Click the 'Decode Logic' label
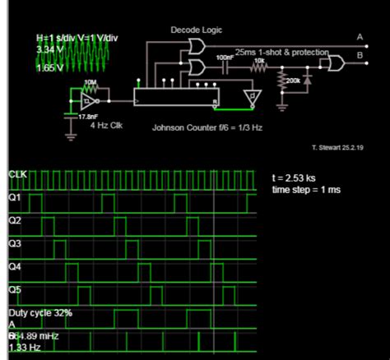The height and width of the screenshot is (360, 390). (x=193, y=30)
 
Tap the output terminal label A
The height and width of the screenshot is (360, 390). (x=359, y=36)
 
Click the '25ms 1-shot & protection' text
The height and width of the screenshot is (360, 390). (x=281, y=52)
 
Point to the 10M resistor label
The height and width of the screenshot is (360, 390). (x=91, y=83)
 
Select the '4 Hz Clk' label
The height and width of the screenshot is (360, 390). (x=106, y=128)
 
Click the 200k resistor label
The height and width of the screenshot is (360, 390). (x=293, y=81)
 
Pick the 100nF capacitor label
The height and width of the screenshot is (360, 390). (x=225, y=57)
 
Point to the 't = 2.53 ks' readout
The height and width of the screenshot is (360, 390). (x=294, y=178)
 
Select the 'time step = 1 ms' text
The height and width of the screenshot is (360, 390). (x=306, y=190)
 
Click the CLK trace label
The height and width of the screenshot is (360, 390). (x=17, y=175)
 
